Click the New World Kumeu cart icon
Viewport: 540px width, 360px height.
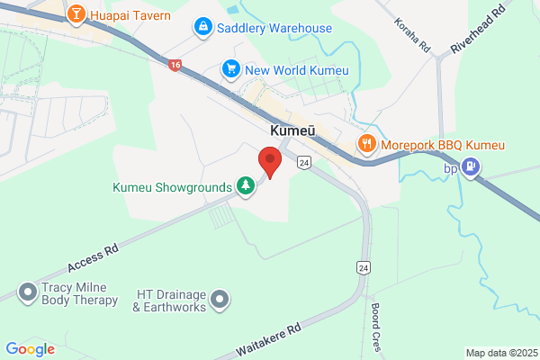231,68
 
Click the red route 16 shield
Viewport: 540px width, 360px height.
174,65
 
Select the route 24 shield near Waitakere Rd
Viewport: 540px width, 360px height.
363,267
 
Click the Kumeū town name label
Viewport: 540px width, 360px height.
292,131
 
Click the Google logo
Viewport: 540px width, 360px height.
30,349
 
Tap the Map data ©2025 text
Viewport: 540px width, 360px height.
500,352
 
